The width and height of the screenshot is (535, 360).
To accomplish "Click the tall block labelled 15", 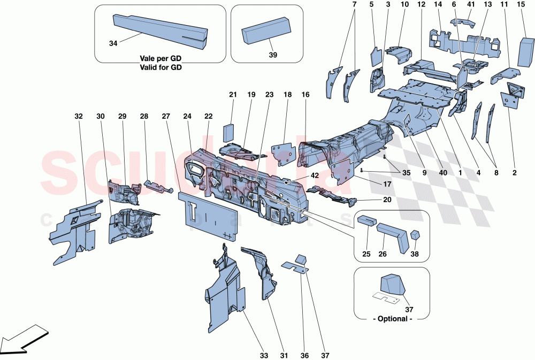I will coord(523,55).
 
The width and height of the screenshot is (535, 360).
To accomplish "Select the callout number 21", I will coord(233,95).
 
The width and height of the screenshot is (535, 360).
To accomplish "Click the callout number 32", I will coord(79,116).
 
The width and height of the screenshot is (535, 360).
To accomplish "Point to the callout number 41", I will coord(470,5).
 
